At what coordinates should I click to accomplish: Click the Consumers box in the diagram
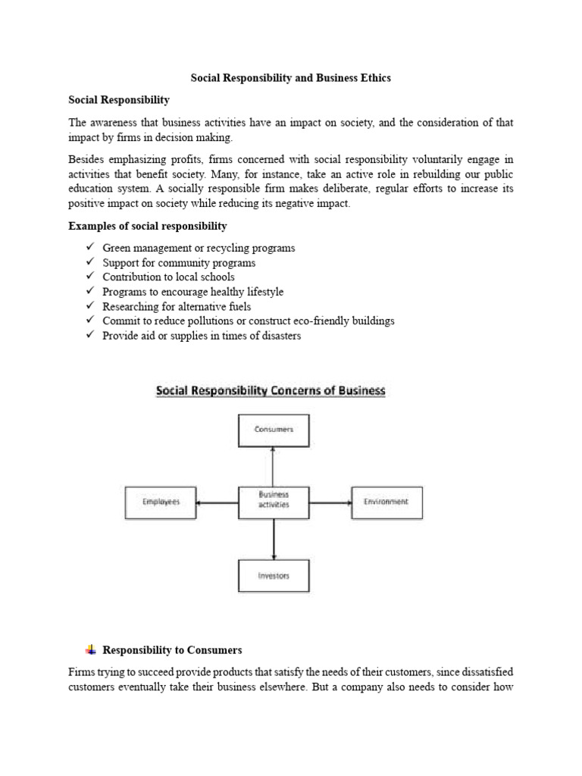(273, 430)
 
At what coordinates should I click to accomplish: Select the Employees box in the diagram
(161, 502)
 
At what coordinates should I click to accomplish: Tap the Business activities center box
(273, 502)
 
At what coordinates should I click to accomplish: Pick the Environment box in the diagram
(386, 502)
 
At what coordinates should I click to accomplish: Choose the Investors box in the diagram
(273, 576)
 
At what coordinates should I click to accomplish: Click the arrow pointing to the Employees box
(217, 502)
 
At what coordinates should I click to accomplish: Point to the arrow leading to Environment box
(330, 502)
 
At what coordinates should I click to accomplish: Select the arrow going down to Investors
(273, 539)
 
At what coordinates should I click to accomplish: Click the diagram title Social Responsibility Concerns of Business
(271, 392)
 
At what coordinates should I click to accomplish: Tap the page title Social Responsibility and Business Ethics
(290, 78)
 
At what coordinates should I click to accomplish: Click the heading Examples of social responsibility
(148, 227)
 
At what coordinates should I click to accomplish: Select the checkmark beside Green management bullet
(90, 248)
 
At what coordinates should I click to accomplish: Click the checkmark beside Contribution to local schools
(90, 277)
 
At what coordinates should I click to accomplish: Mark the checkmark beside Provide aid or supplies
(90, 335)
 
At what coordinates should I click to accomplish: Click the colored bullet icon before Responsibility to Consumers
(91, 649)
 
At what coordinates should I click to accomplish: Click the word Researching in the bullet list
(130, 306)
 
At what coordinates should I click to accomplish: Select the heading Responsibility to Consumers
(172, 650)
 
